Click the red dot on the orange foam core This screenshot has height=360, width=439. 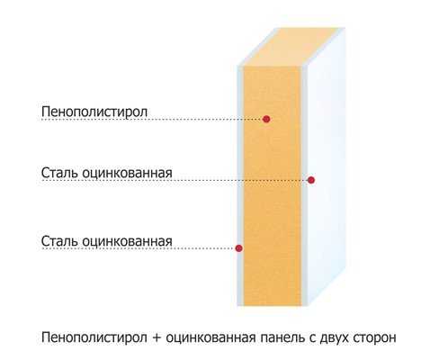[266, 119]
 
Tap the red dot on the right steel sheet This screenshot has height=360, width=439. [311, 180]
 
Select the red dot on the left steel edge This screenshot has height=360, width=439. [238, 248]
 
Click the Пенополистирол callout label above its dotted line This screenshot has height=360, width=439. [94, 112]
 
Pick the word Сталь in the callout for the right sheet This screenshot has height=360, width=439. [60, 173]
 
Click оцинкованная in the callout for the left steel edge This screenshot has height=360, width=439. [127, 241]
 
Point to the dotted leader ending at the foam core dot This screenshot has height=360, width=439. [152, 120]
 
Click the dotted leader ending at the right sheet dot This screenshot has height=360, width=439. [175, 180]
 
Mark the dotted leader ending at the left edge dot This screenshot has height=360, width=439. [139, 248]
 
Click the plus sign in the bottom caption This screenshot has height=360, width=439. [157, 337]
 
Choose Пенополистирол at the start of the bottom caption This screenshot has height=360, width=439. [94, 337]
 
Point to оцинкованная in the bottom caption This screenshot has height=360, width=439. [211, 337]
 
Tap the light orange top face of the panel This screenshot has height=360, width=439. [291, 47]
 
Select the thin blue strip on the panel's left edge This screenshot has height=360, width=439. [240, 186]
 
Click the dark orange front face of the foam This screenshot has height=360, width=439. [273, 186]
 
